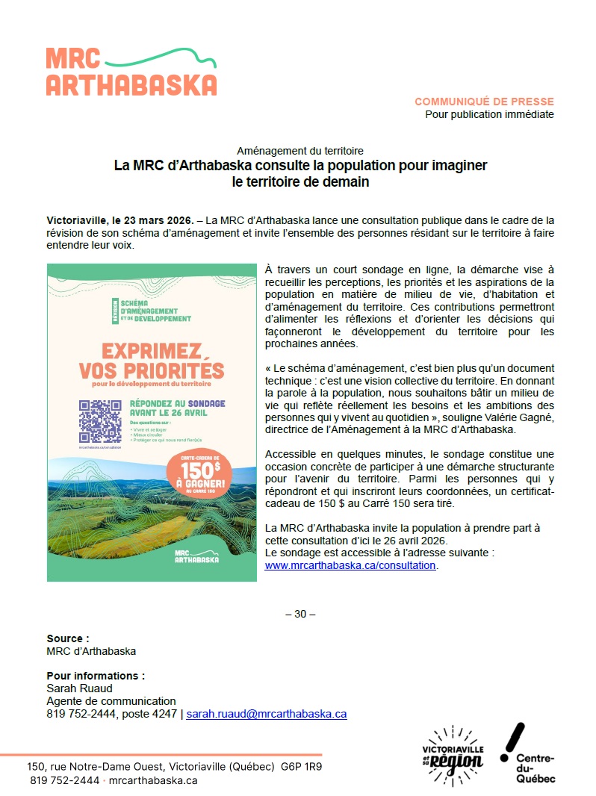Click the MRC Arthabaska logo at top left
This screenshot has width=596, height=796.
point(131,72)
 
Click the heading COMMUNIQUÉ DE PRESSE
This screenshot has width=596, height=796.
point(484,102)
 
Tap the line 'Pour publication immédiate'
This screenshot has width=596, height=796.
point(489,114)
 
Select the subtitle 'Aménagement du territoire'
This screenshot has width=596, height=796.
point(299,150)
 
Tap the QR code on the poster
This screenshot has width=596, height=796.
point(101,421)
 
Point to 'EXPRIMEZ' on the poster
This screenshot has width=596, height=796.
point(134,350)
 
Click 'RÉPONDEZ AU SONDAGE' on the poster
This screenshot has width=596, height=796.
point(177,403)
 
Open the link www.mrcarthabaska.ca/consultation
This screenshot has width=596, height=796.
point(350,565)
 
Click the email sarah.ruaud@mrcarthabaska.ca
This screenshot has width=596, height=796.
point(266,713)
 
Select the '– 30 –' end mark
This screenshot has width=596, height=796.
point(300,614)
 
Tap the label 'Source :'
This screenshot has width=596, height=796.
point(68,638)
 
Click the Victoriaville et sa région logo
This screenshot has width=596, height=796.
point(453,754)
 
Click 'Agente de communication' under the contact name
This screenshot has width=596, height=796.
point(111,701)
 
